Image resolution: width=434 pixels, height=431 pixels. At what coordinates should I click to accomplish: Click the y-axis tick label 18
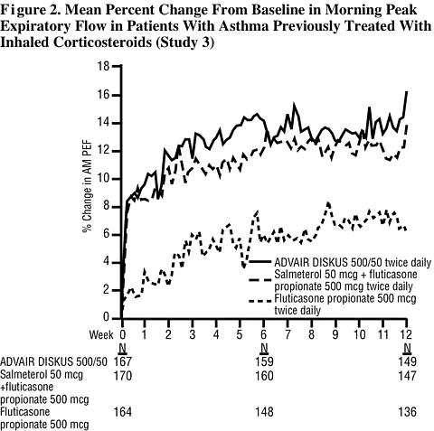pyautogui.click(x=103, y=66)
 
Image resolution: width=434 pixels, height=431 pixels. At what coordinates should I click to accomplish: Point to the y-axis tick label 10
pyautogui.click(x=103, y=179)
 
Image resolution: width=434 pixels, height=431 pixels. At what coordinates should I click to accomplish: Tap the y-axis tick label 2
pyautogui.click(x=106, y=291)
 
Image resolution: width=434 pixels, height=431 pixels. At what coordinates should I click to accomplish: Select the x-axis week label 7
pyautogui.click(x=288, y=334)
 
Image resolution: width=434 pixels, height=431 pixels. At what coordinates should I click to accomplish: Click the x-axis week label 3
pyautogui.click(x=193, y=334)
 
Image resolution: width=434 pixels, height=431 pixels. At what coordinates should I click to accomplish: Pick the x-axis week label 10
pyautogui.click(x=359, y=334)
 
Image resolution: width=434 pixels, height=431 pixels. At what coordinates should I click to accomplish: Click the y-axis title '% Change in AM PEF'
pyautogui.click(x=88, y=187)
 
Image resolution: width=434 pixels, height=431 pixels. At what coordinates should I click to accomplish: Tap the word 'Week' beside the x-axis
pyautogui.click(x=101, y=334)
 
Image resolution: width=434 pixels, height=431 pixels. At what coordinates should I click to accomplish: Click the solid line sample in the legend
pyautogui.click(x=259, y=262)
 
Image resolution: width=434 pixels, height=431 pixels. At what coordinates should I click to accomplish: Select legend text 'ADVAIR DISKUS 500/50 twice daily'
pyautogui.click(x=353, y=262)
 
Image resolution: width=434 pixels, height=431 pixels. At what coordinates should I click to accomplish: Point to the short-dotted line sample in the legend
pyautogui.click(x=259, y=301)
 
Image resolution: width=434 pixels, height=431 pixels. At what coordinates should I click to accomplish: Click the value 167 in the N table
pyautogui.click(x=123, y=361)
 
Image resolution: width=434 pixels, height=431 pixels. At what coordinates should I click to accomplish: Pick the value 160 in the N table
pyautogui.click(x=264, y=376)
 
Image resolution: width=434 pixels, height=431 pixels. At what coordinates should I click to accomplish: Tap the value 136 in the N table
pyautogui.click(x=407, y=412)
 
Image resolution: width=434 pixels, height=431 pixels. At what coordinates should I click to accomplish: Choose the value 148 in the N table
pyautogui.click(x=264, y=412)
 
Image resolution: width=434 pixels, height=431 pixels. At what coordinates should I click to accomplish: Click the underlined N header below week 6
pyautogui.click(x=264, y=349)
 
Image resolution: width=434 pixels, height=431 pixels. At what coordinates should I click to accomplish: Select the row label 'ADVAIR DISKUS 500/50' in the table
pyautogui.click(x=53, y=361)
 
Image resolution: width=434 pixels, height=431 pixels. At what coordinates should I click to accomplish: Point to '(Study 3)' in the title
pyautogui.click(x=185, y=42)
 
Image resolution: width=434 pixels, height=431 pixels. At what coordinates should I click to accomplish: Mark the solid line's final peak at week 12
pyautogui.click(x=407, y=91)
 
